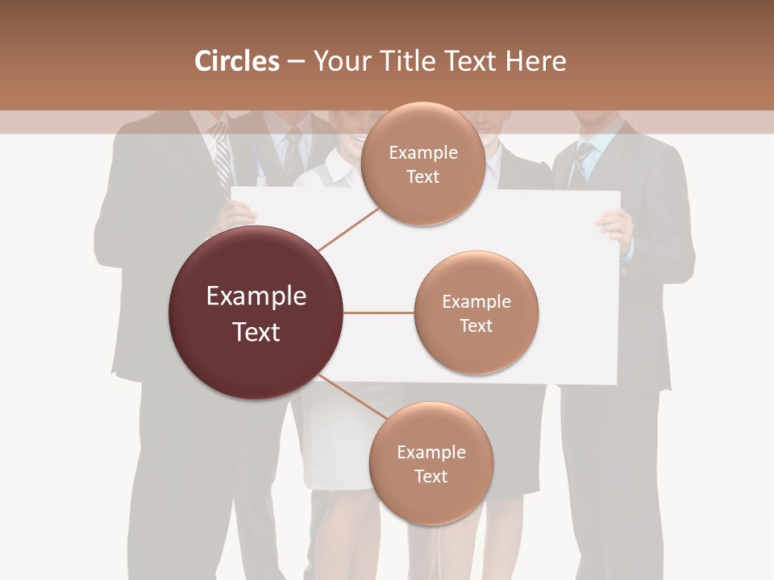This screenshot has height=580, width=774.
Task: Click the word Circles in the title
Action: tap(236, 61)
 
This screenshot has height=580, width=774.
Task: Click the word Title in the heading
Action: tap(404, 61)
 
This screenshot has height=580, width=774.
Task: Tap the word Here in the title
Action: tap(535, 61)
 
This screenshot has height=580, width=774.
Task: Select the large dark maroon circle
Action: tap(256, 313)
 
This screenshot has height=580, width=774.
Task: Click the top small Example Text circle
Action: tap(422, 164)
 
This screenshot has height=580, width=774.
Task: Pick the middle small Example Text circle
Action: tap(476, 313)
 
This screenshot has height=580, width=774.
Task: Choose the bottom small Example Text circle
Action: tap(431, 463)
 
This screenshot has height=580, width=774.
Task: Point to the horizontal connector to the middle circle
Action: tap(379, 313)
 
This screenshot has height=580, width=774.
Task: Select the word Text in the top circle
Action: tap(422, 176)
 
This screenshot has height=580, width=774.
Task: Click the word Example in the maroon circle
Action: tap(256, 296)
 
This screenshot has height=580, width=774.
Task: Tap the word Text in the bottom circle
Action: tap(431, 476)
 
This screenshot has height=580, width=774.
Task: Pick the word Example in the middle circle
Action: tap(476, 301)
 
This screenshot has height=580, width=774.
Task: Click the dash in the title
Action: tap(296, 62)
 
